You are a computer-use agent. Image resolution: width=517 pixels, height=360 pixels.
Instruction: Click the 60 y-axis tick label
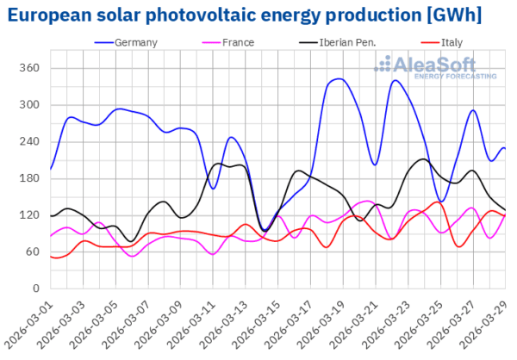click(x=31, y=251)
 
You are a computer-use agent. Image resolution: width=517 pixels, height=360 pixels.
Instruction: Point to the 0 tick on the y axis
click(x=34, y=289)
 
